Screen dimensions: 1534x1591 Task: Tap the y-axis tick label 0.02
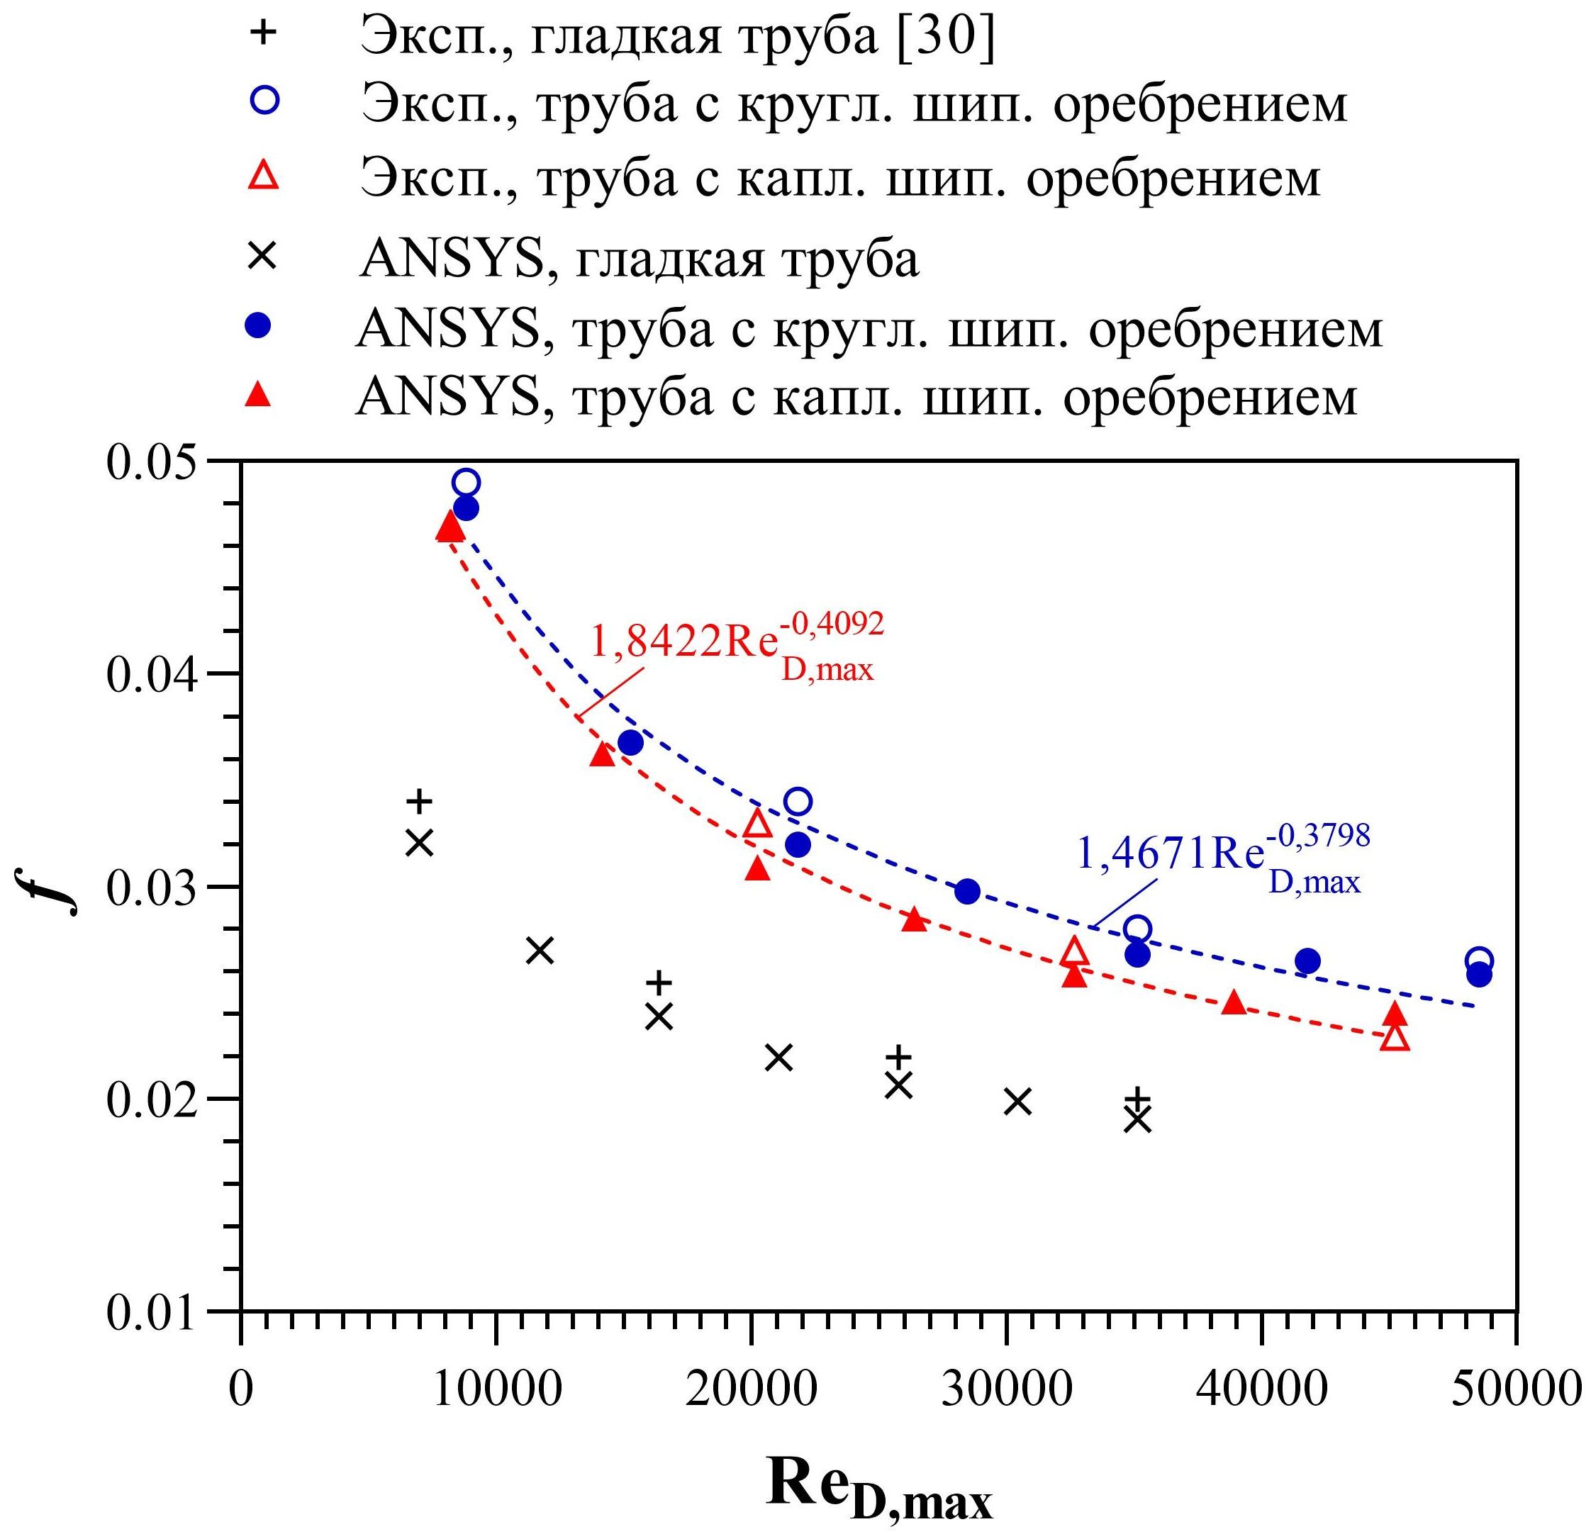tap(152, 1102)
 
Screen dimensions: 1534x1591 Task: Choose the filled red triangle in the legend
tap(259, 396)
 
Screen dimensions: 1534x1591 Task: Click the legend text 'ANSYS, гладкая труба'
tap(639, 259)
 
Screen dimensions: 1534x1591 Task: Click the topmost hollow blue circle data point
tap(465, 483)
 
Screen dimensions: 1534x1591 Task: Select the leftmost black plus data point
tap(420, 801)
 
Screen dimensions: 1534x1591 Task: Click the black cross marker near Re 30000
tap(1017, 1102)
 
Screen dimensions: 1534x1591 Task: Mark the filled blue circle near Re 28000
tap(967, 891)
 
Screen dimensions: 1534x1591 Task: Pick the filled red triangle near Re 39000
tap(1234, 1003)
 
